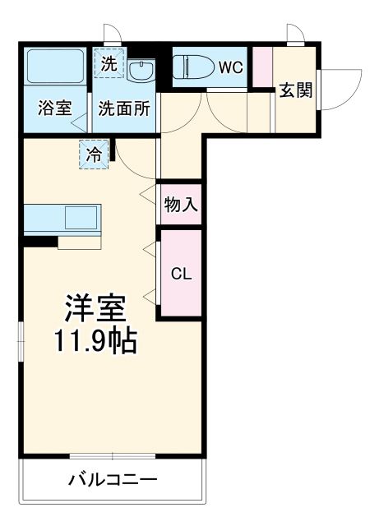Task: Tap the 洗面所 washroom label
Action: pyautogui.click(x=123, y=108)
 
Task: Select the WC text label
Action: pyautogui.click(x=229, y=67)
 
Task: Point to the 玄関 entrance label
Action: pyautogui.click(x=295, y=90)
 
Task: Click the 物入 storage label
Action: pyautogui.click(x=180, y=205)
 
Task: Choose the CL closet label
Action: pyautogui.click(x=180, y=274)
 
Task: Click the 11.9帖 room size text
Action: pyautogui.click(x=95, y=340)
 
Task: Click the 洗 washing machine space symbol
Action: pyautogui.click(x=109, y=62)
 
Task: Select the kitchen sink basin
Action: pyautogui.click(x=81, y=218)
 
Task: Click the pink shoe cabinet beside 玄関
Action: pyautogui.click(x=261, y=66)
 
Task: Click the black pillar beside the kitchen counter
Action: pyautogui.click(x=40, y=242)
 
